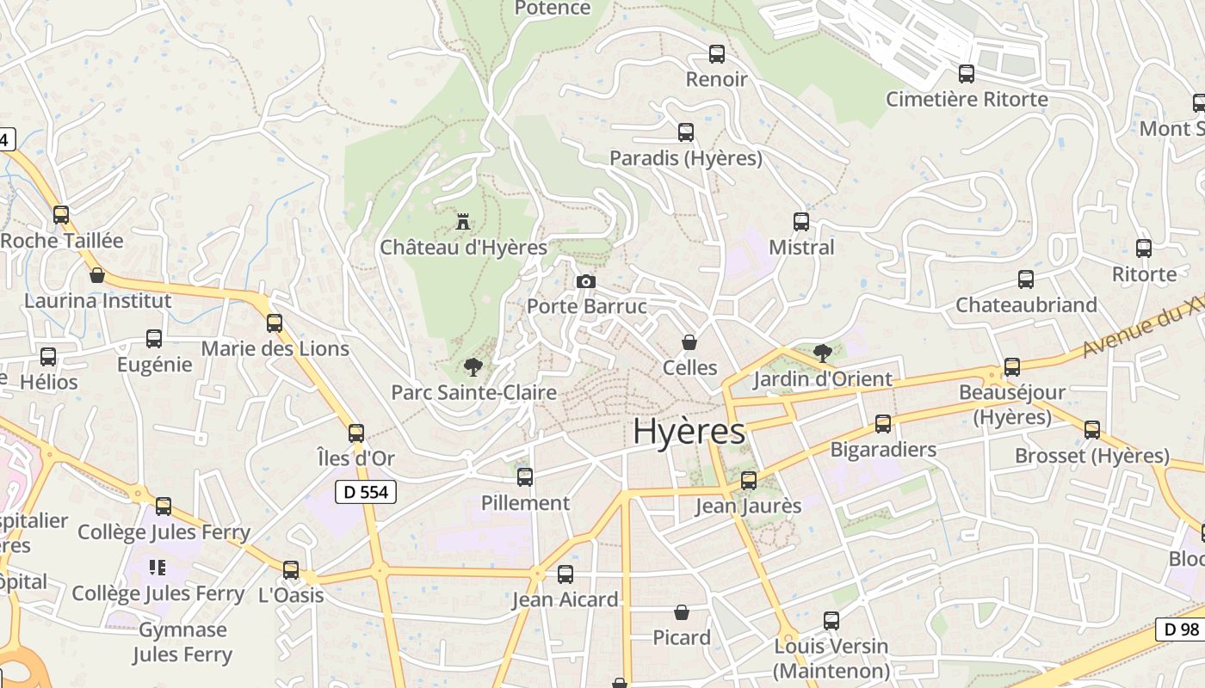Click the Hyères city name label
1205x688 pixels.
tap(689, 432)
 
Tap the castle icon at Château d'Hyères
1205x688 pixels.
tap(463, 223)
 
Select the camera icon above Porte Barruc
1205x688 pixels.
tap(585, 282)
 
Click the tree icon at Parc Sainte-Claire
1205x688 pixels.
tap(473, 367)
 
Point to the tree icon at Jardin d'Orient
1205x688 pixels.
tap(822, 353)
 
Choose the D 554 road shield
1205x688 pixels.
tap(366, 492)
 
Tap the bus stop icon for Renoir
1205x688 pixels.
tap(717, 54)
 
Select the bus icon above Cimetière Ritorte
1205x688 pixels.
tap(967, 74)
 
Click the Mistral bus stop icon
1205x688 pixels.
tap(801, 222)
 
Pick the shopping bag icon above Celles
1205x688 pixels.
tap(689, 342)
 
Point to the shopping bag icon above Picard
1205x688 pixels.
tap(682, 612)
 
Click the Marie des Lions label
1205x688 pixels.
tap(275, 348)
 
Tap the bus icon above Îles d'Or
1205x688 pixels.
tap(356, 433)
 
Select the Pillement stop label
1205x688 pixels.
tap(525, 503)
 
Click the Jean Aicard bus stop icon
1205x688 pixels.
tap(565, 574)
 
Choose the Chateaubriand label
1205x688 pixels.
tap(1026, 304)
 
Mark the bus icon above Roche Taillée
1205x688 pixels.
tap(61, 215)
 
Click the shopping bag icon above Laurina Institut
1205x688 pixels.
tap(97, 275)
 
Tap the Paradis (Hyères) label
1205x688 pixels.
tap(686, 158)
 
